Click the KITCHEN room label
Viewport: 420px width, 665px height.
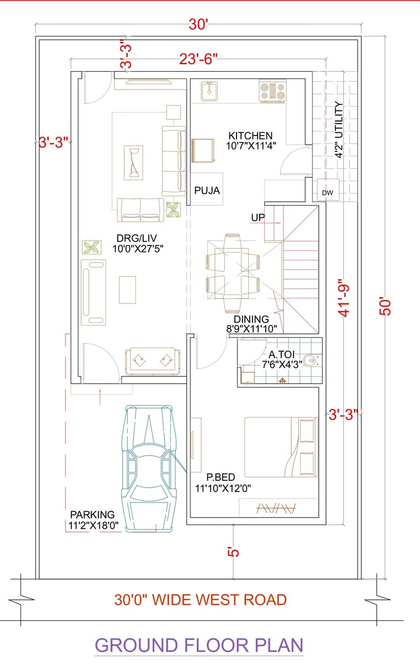250,135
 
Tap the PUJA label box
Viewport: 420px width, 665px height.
207,191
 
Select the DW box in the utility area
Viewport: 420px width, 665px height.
327,193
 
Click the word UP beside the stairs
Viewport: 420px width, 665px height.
258,218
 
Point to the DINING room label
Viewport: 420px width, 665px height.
251,320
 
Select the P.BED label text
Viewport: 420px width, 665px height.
221,477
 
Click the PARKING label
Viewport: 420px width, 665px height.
92,515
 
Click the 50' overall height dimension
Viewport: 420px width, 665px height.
386,306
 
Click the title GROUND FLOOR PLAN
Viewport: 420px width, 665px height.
199,645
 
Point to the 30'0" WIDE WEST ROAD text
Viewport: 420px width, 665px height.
201,599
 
